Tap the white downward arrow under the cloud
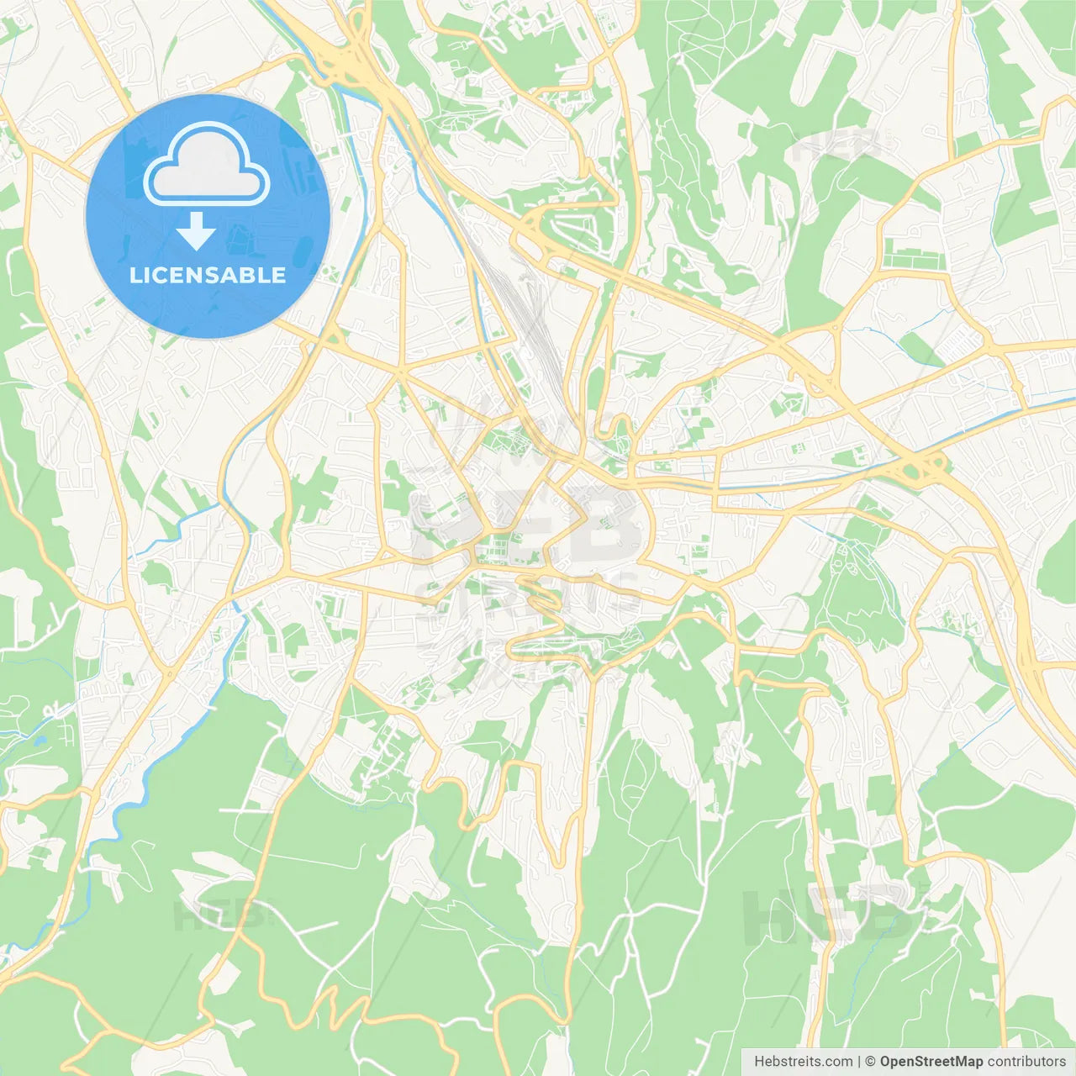coord(196,232)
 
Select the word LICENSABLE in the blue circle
coord(208,276)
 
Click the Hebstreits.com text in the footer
coord(803,1062)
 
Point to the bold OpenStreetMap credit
coord(931,1062)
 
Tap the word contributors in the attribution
coord(1026,1062)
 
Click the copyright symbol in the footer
coord(870,1062)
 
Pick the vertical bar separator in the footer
coord(859,1062)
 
